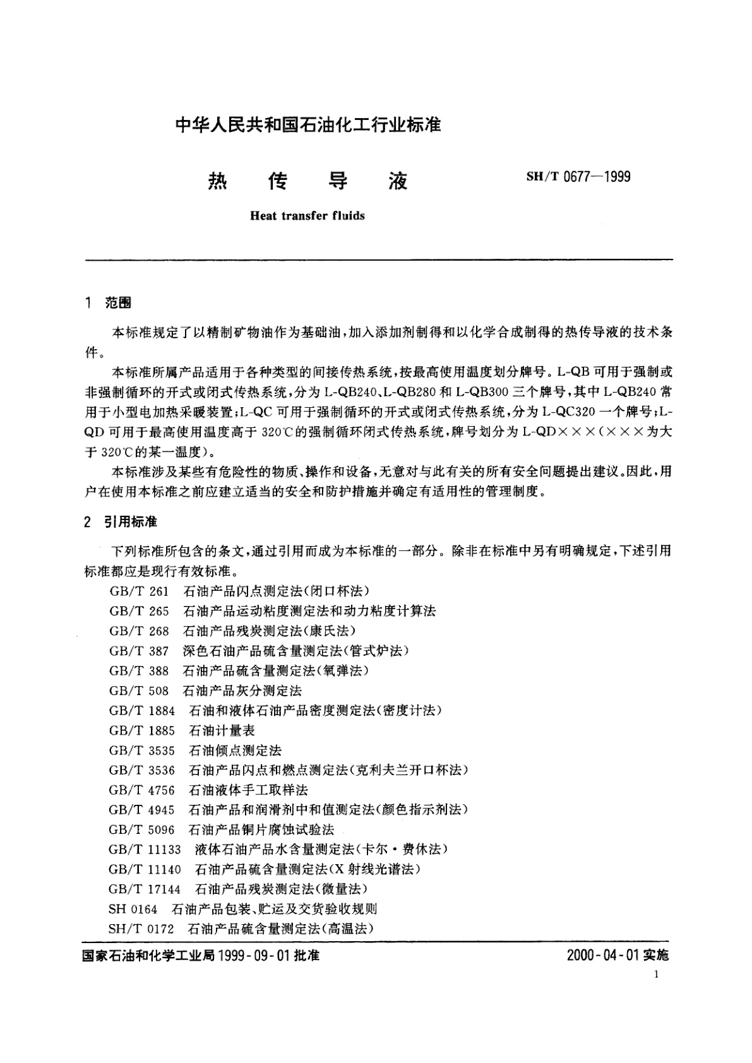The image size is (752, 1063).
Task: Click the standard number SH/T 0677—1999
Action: point(578,177)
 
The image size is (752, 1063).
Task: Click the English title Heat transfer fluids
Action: point(307,216)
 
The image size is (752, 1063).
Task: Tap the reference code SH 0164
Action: point(133,909)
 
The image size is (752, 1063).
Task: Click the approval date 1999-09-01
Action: point(253,956)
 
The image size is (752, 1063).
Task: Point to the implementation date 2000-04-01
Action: point(603,956)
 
